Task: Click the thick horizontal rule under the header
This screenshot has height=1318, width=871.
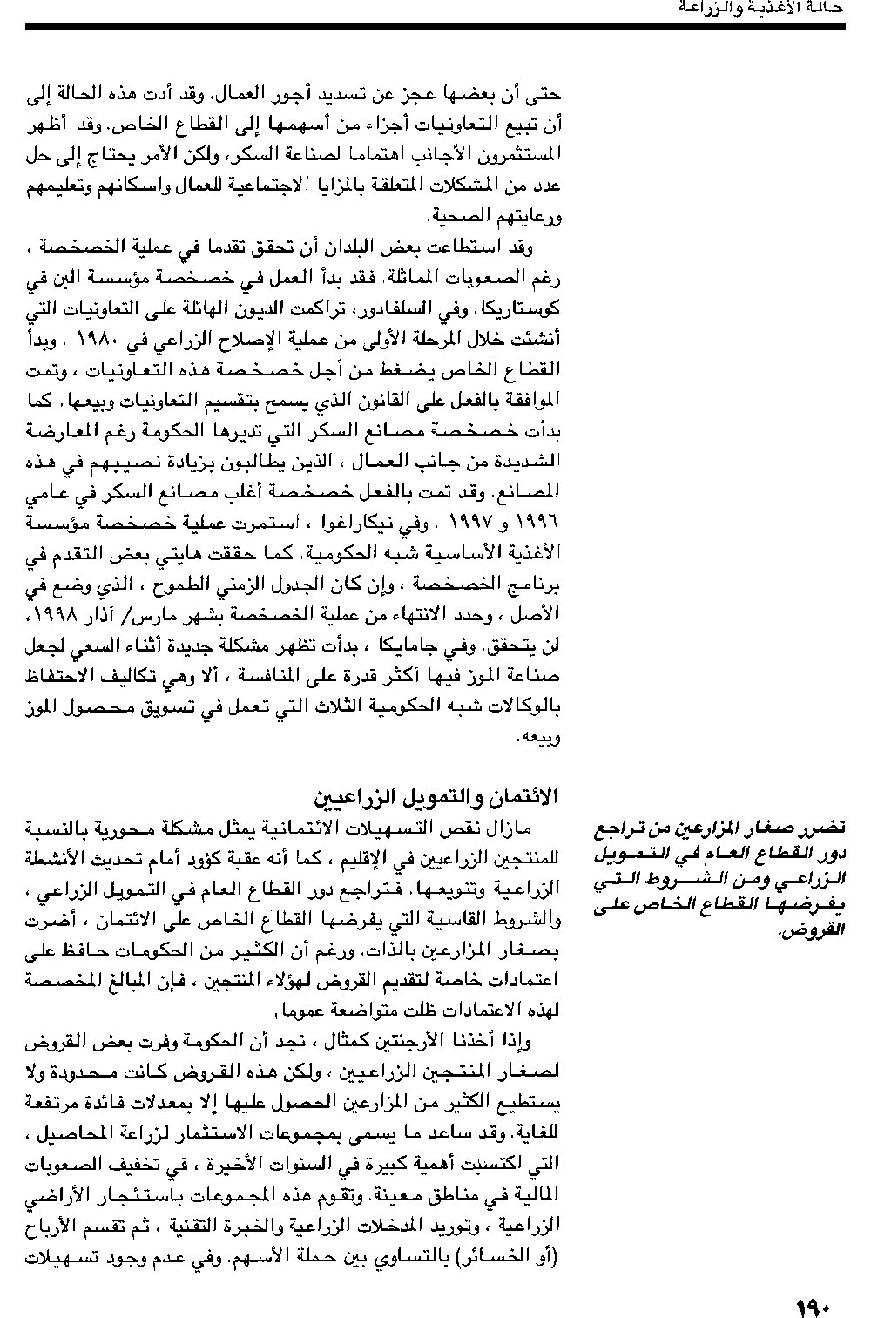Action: point(435,27)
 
